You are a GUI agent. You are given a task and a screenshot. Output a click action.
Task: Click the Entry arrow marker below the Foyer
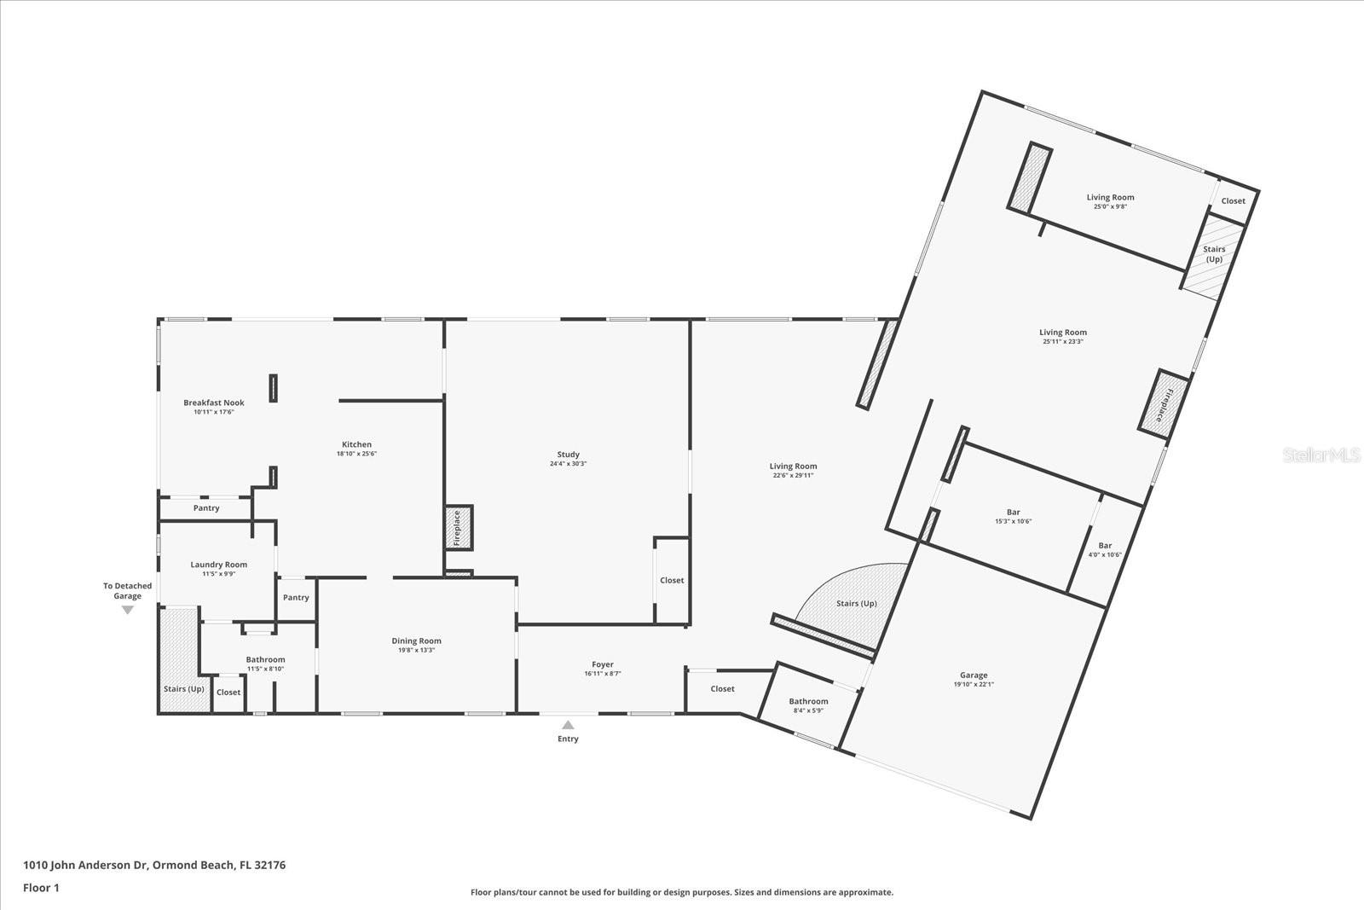click(568, 725)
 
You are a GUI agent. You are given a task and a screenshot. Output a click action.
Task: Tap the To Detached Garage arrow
click(128, 610)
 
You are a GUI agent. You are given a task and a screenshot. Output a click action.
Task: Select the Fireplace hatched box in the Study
click(458, 528)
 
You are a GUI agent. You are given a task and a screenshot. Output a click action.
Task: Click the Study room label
click(568, 455)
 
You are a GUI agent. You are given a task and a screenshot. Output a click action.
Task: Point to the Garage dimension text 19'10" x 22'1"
click(974, 684)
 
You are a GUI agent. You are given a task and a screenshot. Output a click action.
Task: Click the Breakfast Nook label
click(214, 403)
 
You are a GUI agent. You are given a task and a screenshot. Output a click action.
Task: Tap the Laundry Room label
click(218, 565)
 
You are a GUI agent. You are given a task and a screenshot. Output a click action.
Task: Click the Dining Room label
click(417, 641)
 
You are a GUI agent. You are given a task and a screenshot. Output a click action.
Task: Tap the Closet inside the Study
click(672, 580)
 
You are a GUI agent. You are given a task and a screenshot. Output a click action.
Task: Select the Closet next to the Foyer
click(722, 688)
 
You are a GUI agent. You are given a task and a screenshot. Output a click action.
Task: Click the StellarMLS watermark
click(1321, 456)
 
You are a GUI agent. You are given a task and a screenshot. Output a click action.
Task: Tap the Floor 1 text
click(41, 887)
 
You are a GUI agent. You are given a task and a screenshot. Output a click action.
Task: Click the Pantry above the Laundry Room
click(206, 508)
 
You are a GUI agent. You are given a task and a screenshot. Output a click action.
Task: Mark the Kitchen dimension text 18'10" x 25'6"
click(356, 454)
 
